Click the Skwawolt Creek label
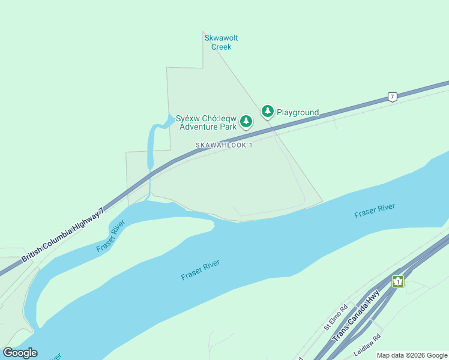click(x=221, y=42)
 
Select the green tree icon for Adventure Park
click(x=246, y=122)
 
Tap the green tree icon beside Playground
click(x=267, y=111)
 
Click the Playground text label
click(x=297, y=112)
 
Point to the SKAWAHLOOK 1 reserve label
click(x=223, y=145)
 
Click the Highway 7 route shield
click(x=392, y=97)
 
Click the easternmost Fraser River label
click(x=374, y=211)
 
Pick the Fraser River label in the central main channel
click(x=200, y=269)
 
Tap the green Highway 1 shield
click(x=397, y=281)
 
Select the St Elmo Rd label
click(x=336, y=317)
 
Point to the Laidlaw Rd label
click(x=367, y=343)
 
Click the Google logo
click(x=20, y=353)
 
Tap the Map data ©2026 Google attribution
click(x=412, y=355)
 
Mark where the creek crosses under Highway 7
click(x=150, y=173)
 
